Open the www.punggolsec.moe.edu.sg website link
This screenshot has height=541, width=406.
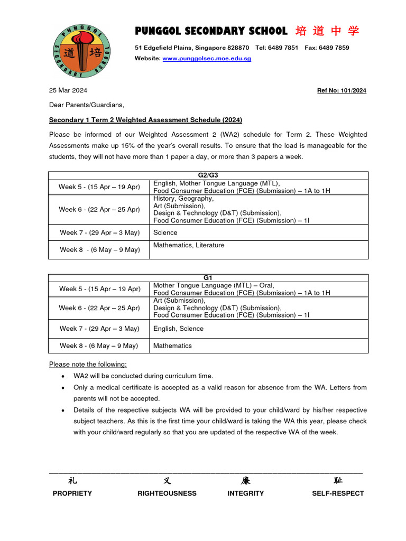click(207, 59)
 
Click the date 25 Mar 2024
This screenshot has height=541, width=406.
click(68, 90)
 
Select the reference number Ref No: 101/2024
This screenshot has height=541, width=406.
click(341, 91)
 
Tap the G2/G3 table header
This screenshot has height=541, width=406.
click(208, 175)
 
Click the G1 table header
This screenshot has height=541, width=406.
click(208, 277)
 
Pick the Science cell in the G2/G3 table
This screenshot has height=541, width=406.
click(165, 232)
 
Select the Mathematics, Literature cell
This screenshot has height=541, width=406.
click(189, 245)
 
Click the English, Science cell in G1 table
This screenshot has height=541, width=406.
click(178, 329)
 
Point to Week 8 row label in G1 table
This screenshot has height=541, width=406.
click(99, 346)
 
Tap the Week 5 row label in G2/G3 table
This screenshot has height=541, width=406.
click(99, 187)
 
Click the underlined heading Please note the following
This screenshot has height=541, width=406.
click(88, 364)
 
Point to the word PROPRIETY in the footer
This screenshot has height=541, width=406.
click(72, 493)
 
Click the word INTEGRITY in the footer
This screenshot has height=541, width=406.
click(245, 493)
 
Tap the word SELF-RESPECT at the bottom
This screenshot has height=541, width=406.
click(338, 493)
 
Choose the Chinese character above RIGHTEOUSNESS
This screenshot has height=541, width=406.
click(167, 480)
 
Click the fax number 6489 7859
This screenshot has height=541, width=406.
click(335, 48)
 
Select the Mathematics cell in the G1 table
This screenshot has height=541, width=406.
click(172, 346)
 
